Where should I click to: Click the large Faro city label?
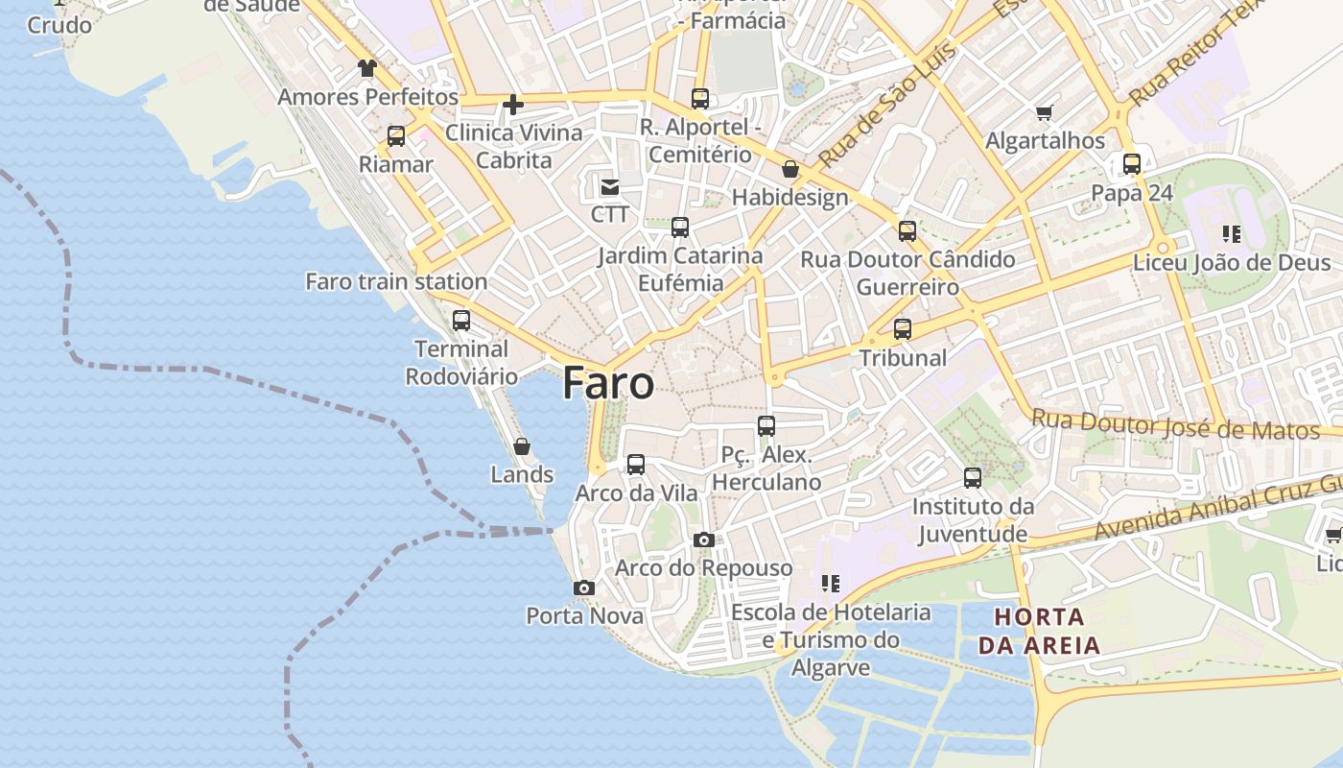tap(608, 383)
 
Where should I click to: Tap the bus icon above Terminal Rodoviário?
tap(461, 321)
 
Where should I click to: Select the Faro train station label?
tap(396, 281)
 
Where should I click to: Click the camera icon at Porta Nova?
tap(584, 588)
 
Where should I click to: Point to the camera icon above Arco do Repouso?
tap(704, 540)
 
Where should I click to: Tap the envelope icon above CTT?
tap(610, 186)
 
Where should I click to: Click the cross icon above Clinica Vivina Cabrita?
tap(514, 105)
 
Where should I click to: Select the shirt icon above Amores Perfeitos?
tap(367, 68)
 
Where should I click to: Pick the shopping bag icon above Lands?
tap(522, 446)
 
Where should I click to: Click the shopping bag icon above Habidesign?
tap(790, 170)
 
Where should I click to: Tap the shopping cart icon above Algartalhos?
tap(1045, 113)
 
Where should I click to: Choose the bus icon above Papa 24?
tap(1132, 164)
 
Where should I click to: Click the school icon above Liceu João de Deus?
tap(1232, 233)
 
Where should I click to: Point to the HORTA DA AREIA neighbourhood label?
tap(1039, 630)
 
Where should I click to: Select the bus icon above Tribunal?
tap(903, 329)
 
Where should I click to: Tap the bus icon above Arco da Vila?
tap(636, 465)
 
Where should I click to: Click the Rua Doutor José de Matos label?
tap(1175, 423)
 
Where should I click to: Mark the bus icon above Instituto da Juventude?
tap(973, 478)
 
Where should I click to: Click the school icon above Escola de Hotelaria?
tap(831, 583)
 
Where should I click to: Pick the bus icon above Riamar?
tap(396, 136)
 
